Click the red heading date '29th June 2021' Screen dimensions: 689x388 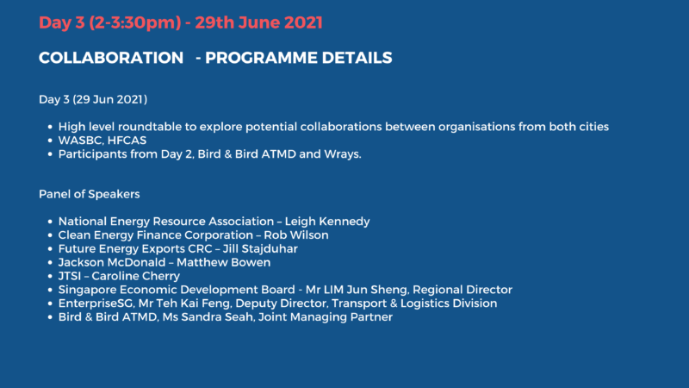click(x=259, y=23)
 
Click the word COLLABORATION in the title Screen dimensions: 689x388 click(x=111, y=58)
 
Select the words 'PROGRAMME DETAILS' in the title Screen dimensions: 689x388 click(x=299, y=58)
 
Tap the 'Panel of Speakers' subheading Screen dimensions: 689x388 click(x=90, y=194)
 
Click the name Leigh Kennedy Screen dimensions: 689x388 click(x=327, y=222)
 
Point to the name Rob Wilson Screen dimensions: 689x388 click(x=296, y=235)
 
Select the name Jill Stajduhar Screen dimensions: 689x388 click(x=260, y=248)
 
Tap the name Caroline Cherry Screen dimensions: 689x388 click(x=136, y=276)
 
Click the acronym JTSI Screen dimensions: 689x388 click(x=70, y=276)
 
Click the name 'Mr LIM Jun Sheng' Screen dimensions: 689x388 click(x=357, y=290)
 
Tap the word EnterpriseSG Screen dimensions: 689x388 click(x=96, y=304)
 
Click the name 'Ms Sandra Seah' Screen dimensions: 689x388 click(x=208, y=316)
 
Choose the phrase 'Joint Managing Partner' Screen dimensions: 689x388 click(x=326, y=317)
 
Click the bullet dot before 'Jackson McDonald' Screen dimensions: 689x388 click(x=50, y=263)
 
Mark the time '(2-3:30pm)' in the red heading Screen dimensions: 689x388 click(x=135, y=23)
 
